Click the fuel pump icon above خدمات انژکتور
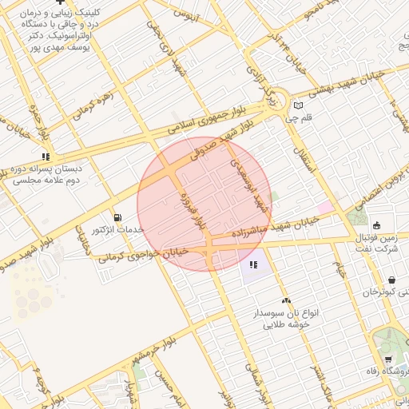(118, 216)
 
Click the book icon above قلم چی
(299, 105)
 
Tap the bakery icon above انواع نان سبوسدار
(287, 300)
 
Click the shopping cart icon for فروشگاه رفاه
(388, 359)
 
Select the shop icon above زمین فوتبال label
(375, 224)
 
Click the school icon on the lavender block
(253, 264)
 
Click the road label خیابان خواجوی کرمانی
(143, 255)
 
